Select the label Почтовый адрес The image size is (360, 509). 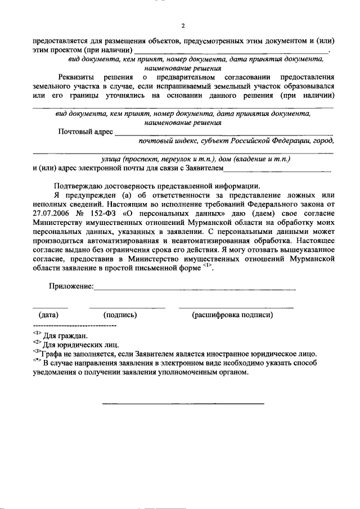pos(84,132)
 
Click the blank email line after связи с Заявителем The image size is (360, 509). pos(278,170)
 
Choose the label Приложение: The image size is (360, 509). pos(70,287)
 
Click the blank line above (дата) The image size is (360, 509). pos(50,307)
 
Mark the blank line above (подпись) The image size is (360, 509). pos(127,307)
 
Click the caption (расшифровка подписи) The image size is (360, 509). pos(232,315)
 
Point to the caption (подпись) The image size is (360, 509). pos(120,315)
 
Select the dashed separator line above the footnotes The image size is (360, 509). pos(74,326)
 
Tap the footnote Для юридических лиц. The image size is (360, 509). pos(80,345)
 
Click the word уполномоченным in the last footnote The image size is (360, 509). pos(210,372)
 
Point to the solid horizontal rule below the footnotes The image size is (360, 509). pos(183,404)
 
